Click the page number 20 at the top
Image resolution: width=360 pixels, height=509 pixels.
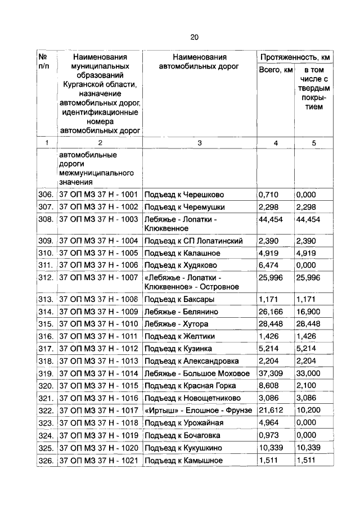194,37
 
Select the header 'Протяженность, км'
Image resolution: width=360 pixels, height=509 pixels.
294,57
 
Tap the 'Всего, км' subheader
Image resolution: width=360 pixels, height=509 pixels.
275,70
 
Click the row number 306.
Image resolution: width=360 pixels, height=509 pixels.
46,195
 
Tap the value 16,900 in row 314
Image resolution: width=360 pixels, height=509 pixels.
309,312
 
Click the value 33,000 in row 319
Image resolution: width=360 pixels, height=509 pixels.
309,373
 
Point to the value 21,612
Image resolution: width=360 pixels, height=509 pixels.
271,411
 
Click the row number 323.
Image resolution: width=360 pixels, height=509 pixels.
46,423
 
